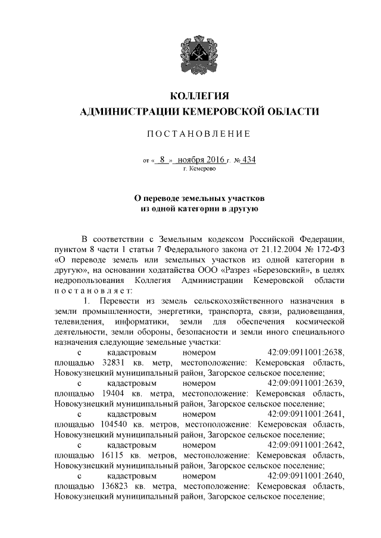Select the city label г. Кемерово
(199, 169)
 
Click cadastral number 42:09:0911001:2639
(306, 382)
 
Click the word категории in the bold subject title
(194, 209)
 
